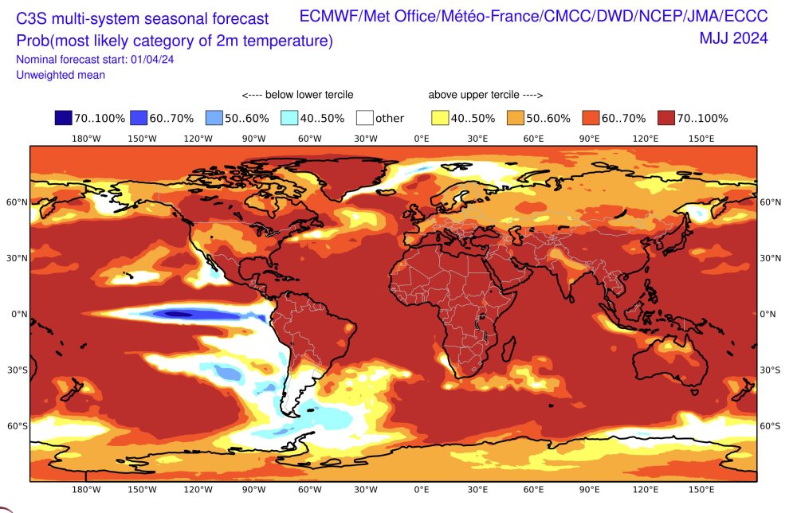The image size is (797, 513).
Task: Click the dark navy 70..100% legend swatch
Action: coord(64,118)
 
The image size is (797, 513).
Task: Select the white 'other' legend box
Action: coord(365,118)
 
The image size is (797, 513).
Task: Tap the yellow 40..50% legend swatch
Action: coord(440,118)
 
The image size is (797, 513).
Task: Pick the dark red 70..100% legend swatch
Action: coord(667,118)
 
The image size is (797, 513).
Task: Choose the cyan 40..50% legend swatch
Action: coord(290,118)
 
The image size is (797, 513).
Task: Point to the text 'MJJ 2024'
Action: coord(733,37)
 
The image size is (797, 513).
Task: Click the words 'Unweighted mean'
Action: coord(61,75)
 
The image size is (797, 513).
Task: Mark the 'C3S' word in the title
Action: coord(32,18)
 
